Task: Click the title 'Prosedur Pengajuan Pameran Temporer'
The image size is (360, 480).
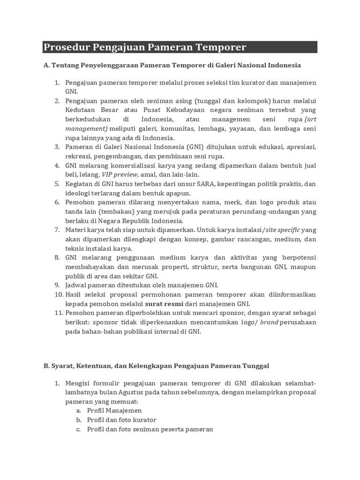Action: click(x=145, y=47)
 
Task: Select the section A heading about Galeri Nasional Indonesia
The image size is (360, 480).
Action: click(x=172, y=65)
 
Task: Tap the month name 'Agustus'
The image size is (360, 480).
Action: click(x=123, y=392)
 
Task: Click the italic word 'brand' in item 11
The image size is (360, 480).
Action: click(x=270, y=322)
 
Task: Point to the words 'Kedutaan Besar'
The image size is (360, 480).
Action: click(x=88, y=111)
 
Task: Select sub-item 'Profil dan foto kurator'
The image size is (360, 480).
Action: click(x=122, y=420)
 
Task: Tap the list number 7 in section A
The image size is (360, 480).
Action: click(x=56, y=230)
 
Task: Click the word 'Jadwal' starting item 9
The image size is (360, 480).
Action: click(x=76, y=285)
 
